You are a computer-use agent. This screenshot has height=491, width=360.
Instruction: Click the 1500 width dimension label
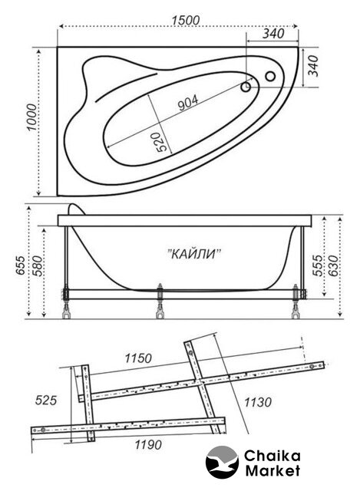tap(185, 21)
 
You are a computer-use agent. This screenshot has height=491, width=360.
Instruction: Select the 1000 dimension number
tap(31, 117)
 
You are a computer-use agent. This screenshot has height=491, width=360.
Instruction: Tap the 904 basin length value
tap(188, 103)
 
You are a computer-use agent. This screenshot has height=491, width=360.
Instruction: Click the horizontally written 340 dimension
tap(273, 34)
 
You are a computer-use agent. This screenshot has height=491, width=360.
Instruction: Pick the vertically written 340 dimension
tap(313, 66)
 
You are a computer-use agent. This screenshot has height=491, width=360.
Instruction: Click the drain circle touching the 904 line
tap(246, 87)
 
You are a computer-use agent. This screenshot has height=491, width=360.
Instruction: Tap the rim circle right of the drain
tap(270, 76)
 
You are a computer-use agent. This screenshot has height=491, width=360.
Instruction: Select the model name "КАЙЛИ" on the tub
tap(193, 254)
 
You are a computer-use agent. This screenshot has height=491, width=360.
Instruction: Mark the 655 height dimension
tap(20, 265)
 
